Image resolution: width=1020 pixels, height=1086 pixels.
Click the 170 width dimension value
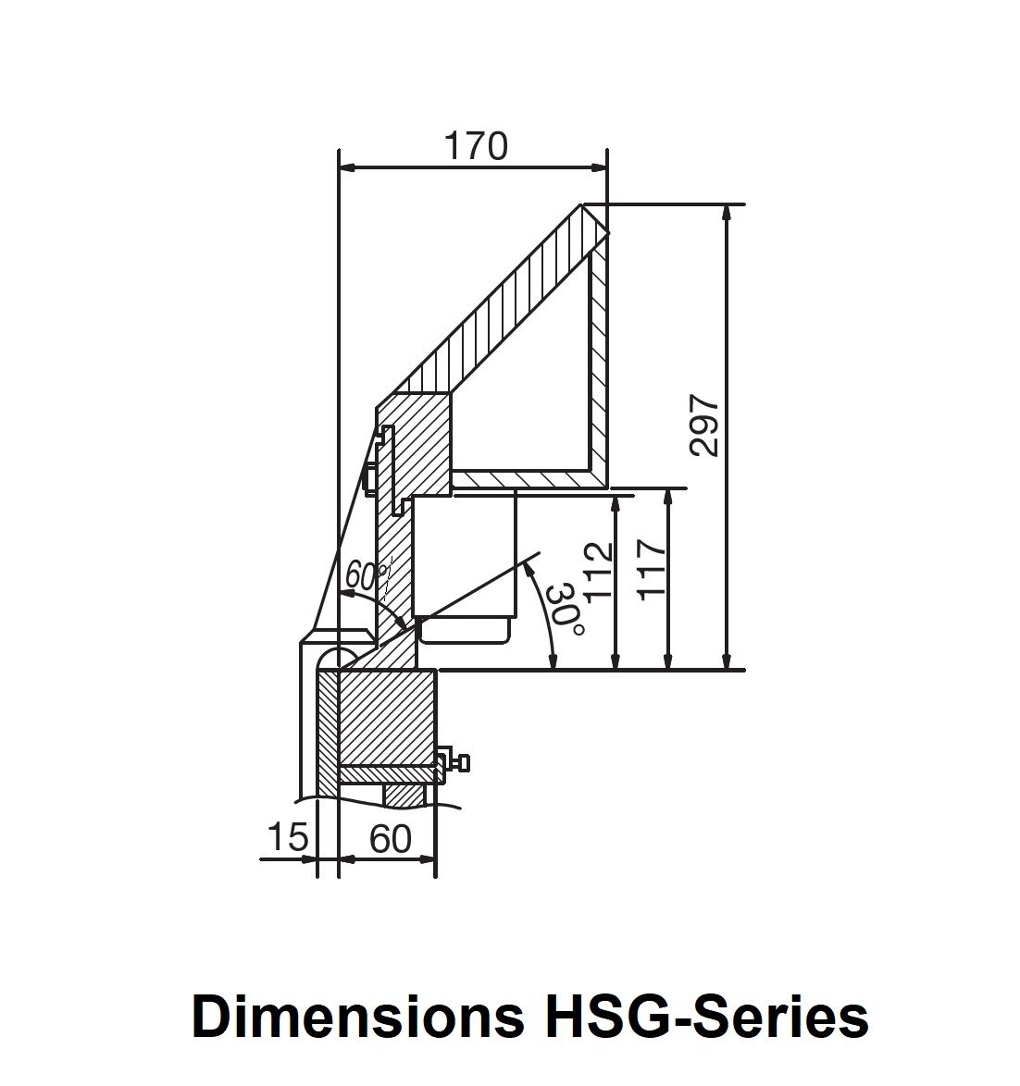click(476, 146)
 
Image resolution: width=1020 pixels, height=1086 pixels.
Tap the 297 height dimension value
click(704, 426)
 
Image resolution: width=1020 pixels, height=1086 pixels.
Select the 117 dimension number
click(652, 569)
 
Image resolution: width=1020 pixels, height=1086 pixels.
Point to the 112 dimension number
click(599, 570)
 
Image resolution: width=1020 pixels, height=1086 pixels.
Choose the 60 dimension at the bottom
click(390, 839)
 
